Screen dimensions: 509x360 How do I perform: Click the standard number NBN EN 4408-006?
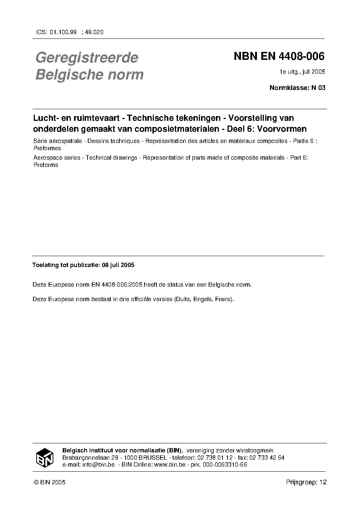(x=279, y=57)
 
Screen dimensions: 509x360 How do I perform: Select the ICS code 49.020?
(x=94, y=32)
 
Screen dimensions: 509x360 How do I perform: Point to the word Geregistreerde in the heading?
(x=86, y=57)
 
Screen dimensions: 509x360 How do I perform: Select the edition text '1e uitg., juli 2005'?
(x=302, y=71)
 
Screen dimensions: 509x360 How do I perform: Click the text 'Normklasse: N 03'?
(x=297, y=87)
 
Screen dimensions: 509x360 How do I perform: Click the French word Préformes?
(x=47, y=148)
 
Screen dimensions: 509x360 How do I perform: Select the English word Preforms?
(x=46, y=165)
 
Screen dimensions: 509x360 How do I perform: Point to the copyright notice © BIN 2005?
(x=49, y=482)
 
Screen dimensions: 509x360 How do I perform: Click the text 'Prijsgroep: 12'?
(x=306, y=482)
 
